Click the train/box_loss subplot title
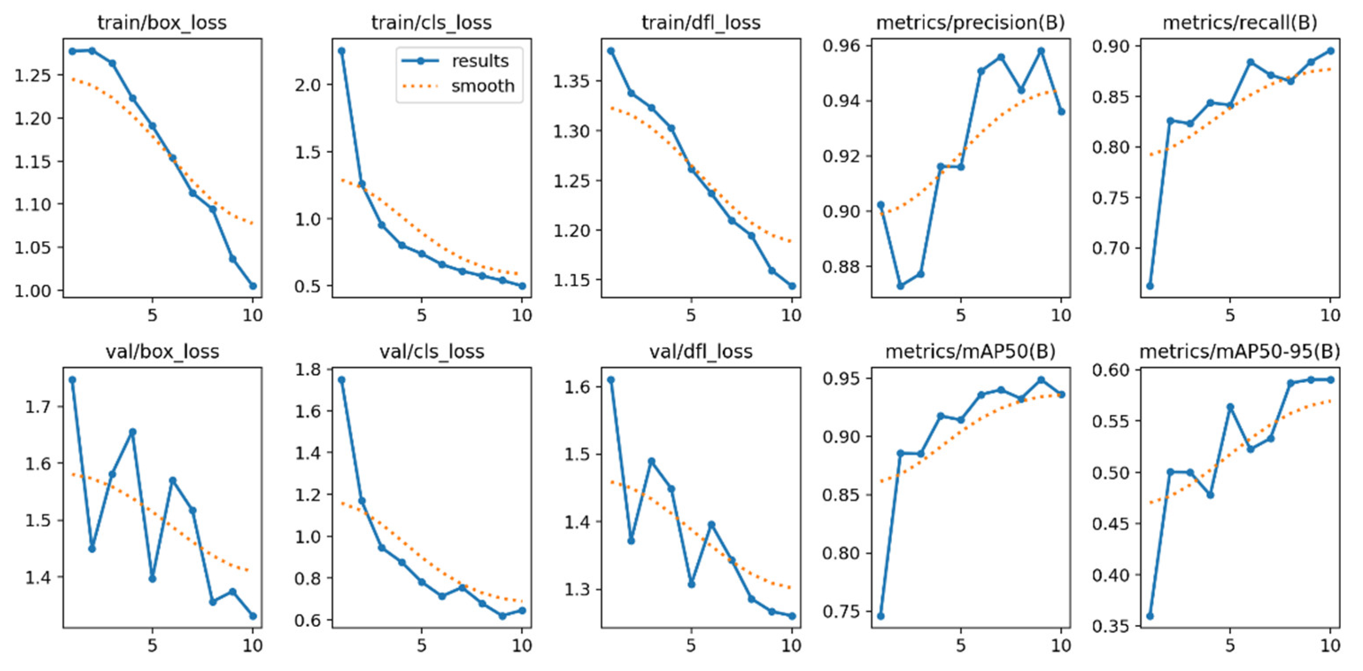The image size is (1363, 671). [162, 23]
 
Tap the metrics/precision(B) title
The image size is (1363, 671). [970, 23]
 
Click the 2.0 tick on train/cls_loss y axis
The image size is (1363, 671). [309, 85]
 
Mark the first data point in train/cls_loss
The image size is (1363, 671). [342, 51]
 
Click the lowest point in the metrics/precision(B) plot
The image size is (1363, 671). [900, 286]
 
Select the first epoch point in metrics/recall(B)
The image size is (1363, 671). [1150, 286]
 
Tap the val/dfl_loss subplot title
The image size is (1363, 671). [701, 352]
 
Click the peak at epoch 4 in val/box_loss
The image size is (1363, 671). [133, 432]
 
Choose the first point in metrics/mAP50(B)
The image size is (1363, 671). [880, 616]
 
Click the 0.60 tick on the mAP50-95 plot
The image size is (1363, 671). [1110, 370]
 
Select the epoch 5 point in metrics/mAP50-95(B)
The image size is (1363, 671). [1230, 407]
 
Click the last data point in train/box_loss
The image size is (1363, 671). [253, 286]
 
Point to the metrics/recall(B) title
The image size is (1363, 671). [1240, 23]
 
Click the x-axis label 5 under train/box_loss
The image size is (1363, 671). [152, 316]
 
